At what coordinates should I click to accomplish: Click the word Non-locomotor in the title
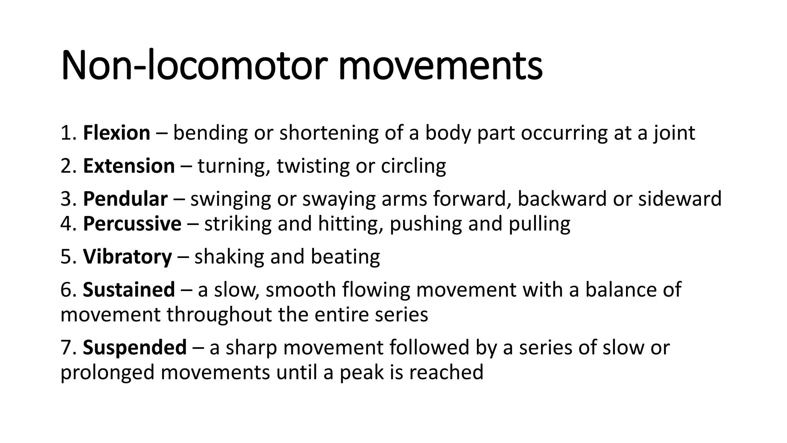pyautogui.click(x=194, y=65)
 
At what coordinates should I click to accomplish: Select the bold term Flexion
pyautogui.click(x=116, y=133)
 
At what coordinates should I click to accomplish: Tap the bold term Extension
pyautogui.click(x=129, y=166)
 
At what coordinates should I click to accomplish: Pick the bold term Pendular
pyautogui.click(x=125, y=199)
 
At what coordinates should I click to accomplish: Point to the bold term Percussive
pyautogui.click(x=132, y=224)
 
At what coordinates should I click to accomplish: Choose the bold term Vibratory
pyautogui.click(x=127, y=256)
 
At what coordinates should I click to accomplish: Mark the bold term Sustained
pyautogui.click(x=129, y=290)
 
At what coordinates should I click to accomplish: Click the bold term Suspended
pyautogui.click(x=134, y=347)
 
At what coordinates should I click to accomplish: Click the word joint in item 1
pyautogui.click(x=674, y=133)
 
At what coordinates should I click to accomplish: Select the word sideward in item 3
pyautogui.click(x=679, y=199)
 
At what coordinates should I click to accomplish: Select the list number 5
pyautogui.click(x=66, y=256)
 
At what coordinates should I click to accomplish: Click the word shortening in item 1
pyautogui.click(x=329, y=133)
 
